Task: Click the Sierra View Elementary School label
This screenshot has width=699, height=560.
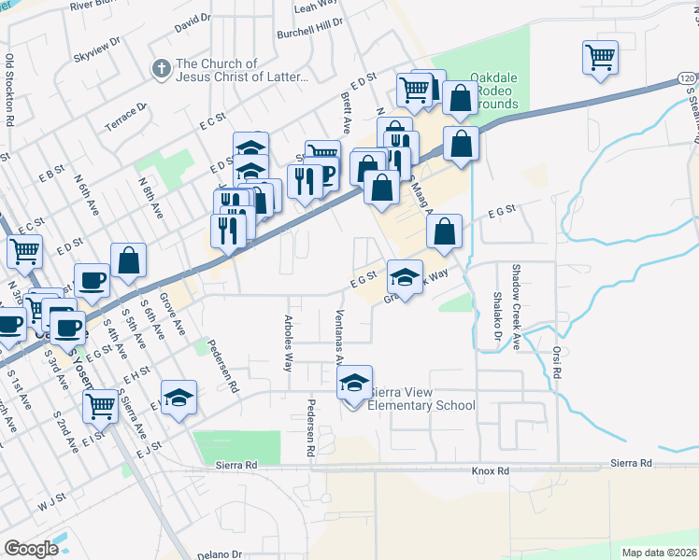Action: pos(421,399)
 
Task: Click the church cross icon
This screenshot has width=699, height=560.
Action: pos(160,69)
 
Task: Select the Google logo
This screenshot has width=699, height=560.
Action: pos(31,548)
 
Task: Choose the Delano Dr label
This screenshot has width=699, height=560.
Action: pos(220,553)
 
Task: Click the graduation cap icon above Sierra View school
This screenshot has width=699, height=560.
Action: pos(354,382)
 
